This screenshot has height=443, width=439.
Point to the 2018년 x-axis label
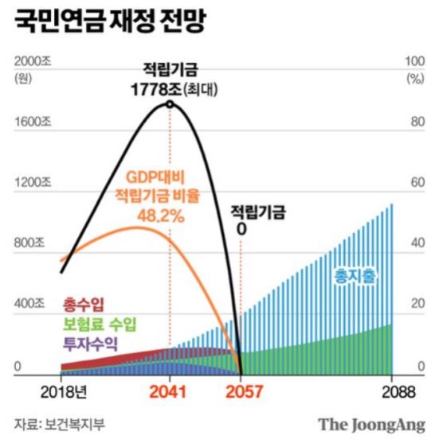coord(61,392)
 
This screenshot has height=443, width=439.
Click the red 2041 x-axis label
coord(170,392)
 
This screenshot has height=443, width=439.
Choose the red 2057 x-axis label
coord(241,392)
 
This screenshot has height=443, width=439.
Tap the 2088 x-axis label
coord(391,392)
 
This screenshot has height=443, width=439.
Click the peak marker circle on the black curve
coord(170,104)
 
